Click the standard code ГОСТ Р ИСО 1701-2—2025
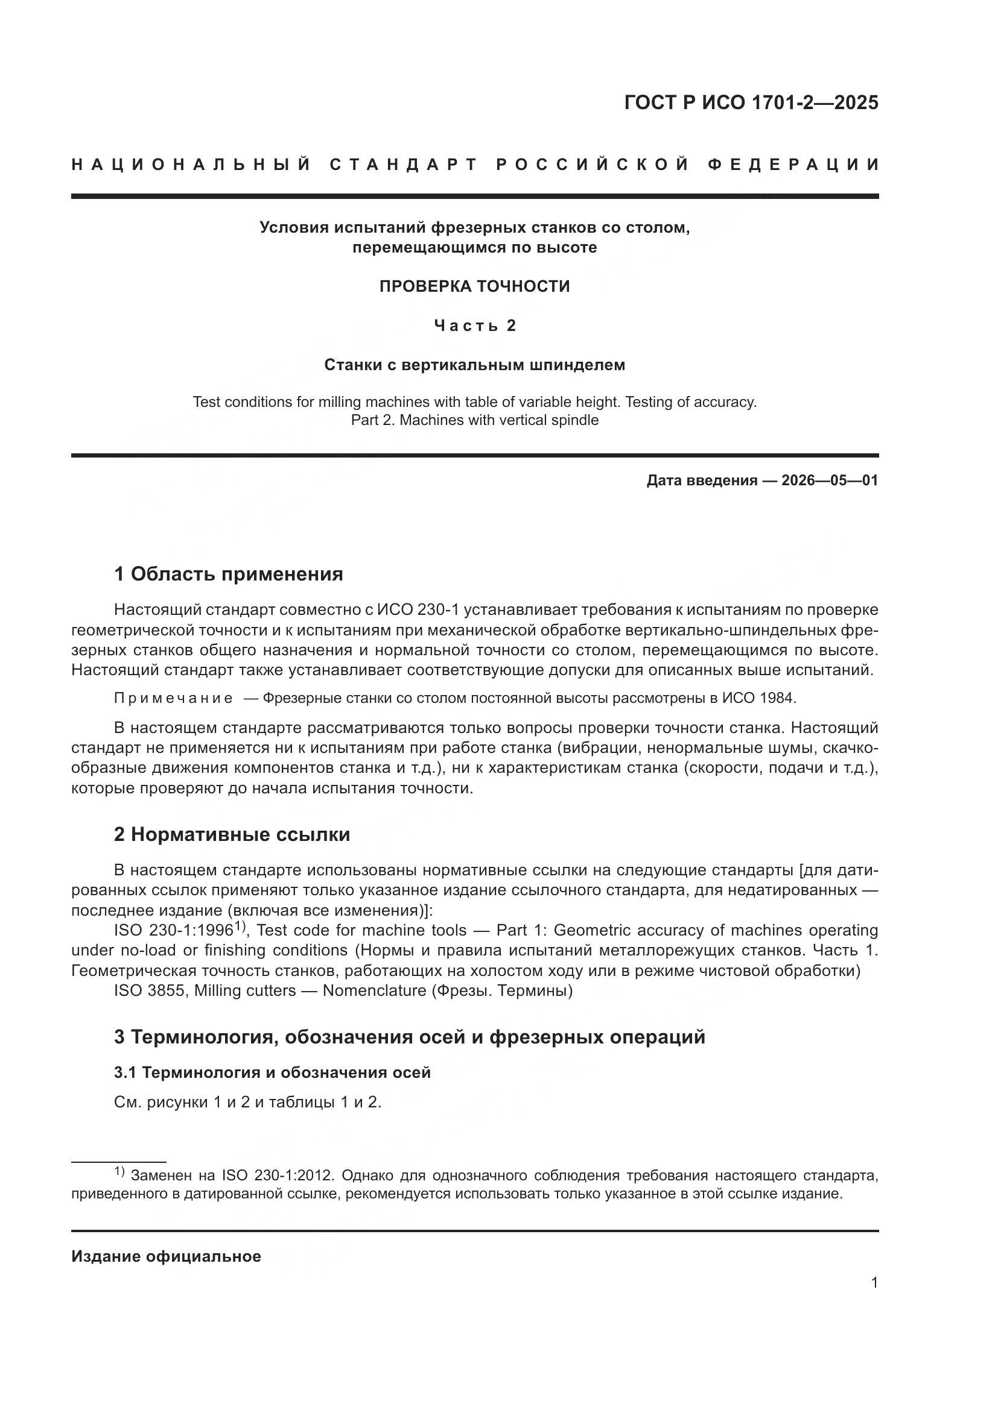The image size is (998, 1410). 751,102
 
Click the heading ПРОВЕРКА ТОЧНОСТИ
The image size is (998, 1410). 474,286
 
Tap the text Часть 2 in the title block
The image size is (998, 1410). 474,326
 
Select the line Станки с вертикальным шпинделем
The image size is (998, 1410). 474,365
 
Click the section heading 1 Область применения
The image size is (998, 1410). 228,574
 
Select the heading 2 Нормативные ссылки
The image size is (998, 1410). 232,834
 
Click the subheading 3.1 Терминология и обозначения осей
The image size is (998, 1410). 272,1072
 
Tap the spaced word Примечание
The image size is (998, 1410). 173,698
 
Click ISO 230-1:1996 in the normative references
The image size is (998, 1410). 173,931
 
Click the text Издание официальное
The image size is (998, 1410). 166,1256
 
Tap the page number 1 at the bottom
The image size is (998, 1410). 874,1282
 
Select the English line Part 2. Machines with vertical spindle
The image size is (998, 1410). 474,420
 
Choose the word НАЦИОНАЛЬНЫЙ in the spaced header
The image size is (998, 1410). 191,165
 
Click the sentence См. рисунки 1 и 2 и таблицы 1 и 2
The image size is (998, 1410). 247,1103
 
